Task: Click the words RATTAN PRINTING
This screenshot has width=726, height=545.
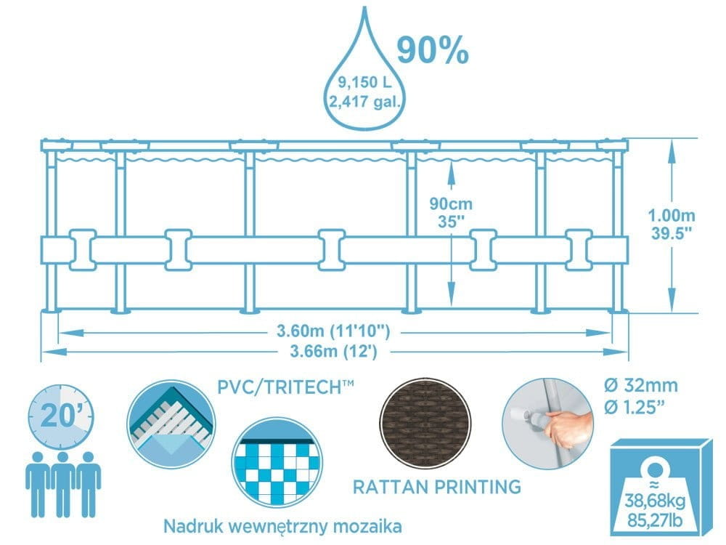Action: pyautogui.click(x=436, y=486)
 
